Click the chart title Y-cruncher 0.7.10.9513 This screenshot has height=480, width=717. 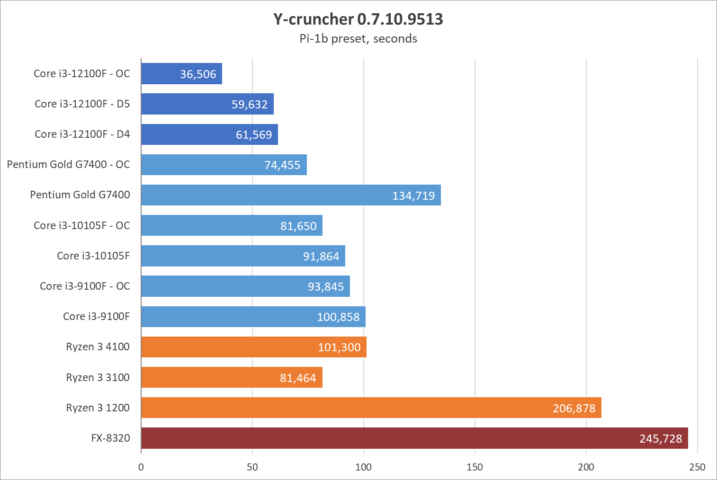(358, 19)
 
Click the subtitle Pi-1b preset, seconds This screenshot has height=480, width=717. (358, 39)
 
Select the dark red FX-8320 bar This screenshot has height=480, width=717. (414, 438)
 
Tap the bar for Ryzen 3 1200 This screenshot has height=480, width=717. (371, 408)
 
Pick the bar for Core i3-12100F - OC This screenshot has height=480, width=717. (181, 74)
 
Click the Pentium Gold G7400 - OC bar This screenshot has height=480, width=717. (224, 165)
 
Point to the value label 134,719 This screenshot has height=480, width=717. (413, 196)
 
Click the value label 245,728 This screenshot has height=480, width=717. (661, 439)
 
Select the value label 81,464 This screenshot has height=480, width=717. (298, 378)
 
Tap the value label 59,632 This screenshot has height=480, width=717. (250, 105)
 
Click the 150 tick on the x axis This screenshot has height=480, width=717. (475, 467)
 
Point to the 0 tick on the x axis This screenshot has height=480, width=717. (141, 467)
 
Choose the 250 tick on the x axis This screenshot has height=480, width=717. (697, 467)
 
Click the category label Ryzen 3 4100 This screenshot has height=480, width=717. (98, 347)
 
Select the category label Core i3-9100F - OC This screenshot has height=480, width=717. (85, 286)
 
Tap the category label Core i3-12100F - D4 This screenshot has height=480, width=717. (82, 134)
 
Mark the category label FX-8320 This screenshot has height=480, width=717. (110, 438)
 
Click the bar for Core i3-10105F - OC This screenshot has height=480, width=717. (232, 225)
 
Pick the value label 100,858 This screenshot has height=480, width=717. (338, 317)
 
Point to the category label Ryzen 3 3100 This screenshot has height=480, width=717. (98, 378)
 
